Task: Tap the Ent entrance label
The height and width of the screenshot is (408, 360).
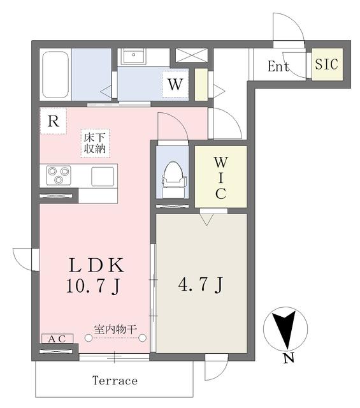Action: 278,66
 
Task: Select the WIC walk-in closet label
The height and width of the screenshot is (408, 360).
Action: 220,177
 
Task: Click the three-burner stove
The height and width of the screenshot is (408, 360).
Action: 60,175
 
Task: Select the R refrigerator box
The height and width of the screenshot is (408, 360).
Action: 54,122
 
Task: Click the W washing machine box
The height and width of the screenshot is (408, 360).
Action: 175,84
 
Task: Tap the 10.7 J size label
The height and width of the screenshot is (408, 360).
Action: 92,286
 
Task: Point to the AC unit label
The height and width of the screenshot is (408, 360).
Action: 57,339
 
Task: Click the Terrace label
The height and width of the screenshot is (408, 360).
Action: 115,381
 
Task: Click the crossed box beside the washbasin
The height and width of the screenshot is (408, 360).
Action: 191,55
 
